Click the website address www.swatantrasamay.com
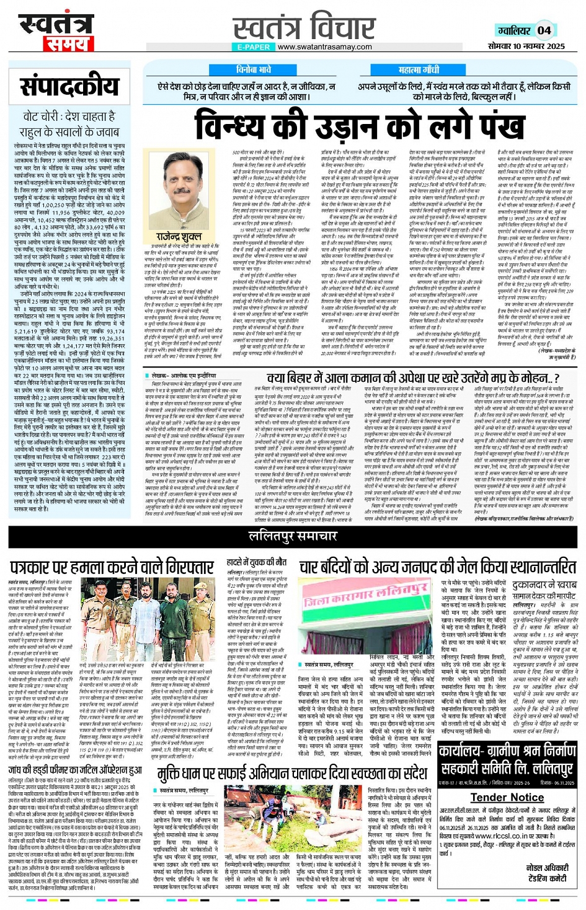pos(325,47)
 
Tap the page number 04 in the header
pos(544,30)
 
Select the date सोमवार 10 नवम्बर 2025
pos(526,46)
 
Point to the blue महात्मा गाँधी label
pos(419,70)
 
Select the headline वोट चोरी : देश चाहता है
pos(69,117)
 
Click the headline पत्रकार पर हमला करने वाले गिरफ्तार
pos(112,567)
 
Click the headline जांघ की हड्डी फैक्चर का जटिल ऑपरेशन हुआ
pos(75,769)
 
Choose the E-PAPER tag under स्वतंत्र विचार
pos(254,47)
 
